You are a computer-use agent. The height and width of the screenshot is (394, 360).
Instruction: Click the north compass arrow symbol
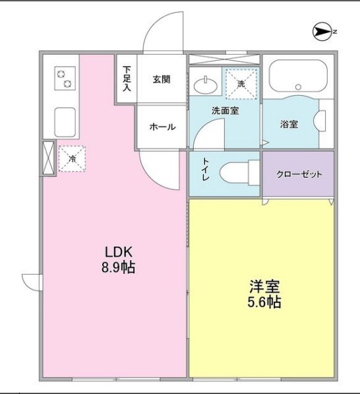(x=322, y=32)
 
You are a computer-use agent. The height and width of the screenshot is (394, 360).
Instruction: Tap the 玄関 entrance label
(x=162, y=79)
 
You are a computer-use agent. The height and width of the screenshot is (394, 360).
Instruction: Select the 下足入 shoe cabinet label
(x=127, y=79)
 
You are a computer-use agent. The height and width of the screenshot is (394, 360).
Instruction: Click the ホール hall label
(x=162, y=127)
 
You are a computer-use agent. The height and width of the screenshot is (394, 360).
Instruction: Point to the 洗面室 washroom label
(x=225, y=111)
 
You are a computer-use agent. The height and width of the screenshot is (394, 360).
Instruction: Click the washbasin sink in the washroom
(x=206, y=85)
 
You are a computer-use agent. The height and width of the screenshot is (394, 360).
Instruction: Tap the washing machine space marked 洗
(x=241, y=84)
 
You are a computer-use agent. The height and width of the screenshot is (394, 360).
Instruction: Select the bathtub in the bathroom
(x=298, y=76)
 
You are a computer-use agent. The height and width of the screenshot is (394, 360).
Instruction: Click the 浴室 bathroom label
(x=289, y=124)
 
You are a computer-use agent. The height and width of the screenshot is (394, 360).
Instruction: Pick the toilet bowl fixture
(x=239, y=174)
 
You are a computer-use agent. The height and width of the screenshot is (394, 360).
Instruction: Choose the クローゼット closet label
(x=299, y=174)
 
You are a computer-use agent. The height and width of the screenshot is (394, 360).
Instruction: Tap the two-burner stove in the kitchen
(x=65, y=78)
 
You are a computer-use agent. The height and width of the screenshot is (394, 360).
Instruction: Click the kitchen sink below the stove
(x=65, y=122)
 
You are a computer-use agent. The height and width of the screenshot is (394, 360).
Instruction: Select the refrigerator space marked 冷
(x=72, y=159)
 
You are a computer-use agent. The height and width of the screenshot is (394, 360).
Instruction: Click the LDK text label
(x=118, y=252)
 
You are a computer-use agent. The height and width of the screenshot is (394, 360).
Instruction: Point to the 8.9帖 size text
(x=118, y=267)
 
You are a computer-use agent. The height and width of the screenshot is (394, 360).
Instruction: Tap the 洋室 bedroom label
(x=264, y=286)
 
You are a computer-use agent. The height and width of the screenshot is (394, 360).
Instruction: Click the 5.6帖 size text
(x=264, y=302)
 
